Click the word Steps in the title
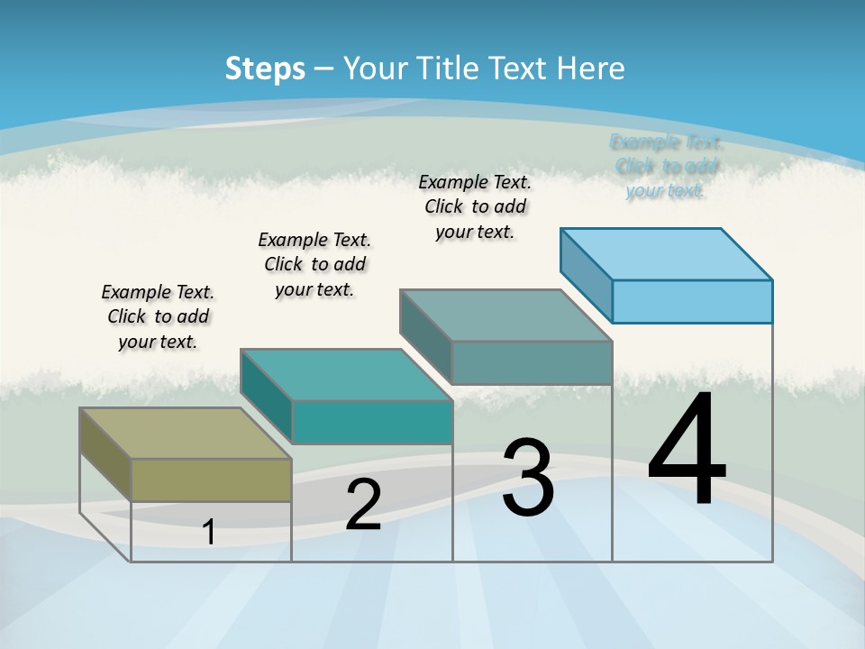point(264,69)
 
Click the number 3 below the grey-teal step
point(528,478)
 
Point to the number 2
point(363,505)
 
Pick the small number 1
point(209,532)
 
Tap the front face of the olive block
point(212,480)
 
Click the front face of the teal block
point(372,422)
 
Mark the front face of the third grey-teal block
point(532,362)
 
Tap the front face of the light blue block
point(692,301)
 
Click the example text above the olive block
point(158,316)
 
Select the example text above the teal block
point(314,264)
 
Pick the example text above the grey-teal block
point(475,206)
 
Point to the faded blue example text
point(666,166)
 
